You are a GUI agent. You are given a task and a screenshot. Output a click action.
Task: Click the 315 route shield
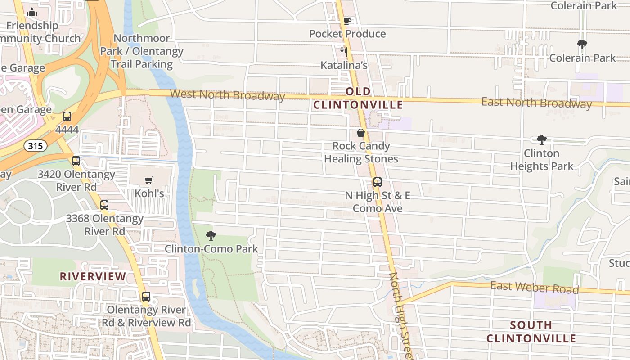point(36,145)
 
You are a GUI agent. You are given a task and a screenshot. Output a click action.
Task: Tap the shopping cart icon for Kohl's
point(149,180)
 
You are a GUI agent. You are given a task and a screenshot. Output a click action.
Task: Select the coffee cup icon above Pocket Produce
point(347,21)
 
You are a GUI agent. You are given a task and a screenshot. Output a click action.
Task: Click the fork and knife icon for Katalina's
point(344,52)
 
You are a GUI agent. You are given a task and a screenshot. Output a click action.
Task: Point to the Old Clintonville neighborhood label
point(358,98)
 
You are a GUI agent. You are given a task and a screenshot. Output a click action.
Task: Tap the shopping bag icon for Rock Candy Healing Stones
point(361,133)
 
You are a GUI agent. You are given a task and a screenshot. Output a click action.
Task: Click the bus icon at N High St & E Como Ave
point(378,182)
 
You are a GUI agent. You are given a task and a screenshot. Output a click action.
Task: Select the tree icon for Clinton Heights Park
point(542,140)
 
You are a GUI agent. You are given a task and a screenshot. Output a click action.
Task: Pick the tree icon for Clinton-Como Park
point(211,235)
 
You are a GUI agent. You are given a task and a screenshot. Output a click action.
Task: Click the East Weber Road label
point(534,287)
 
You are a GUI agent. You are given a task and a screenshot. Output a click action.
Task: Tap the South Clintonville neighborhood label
point(531,332)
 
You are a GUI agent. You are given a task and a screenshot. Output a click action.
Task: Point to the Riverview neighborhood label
point(93,276)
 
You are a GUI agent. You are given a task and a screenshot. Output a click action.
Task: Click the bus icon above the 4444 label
point(67,117)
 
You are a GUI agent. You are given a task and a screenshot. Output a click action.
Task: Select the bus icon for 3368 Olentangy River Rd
point(104,205)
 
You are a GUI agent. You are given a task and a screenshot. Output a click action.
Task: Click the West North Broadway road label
point(227,95)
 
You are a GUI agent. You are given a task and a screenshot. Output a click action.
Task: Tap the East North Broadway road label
point(536,103)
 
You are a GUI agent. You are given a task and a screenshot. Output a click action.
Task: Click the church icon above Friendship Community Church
point(32,13)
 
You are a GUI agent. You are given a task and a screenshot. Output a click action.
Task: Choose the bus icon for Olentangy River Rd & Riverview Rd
point(146,297)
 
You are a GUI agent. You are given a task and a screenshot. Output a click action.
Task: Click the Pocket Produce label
point(347,34)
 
